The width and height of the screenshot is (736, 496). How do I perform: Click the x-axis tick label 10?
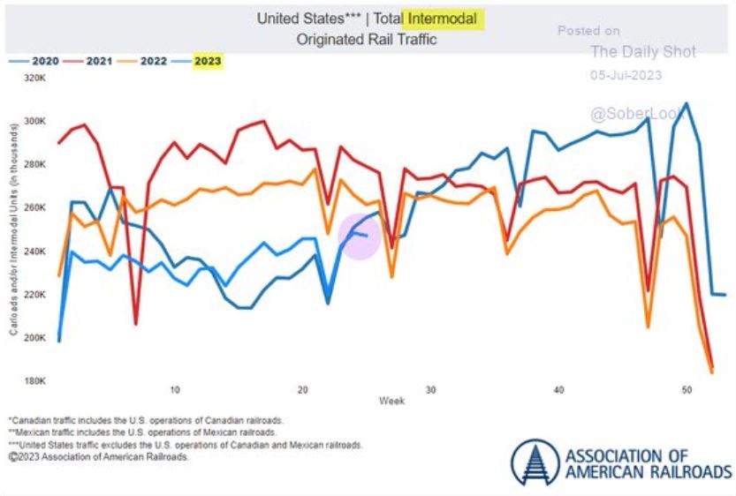click(x=175, y=389)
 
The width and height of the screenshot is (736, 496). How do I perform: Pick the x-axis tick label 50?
click(x=687, y=389)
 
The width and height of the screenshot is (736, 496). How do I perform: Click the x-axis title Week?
click(x=391, y=401)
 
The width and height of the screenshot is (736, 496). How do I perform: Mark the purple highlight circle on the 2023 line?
click(x=360, y=236)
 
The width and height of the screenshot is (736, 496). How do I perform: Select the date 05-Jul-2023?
click(x=626, y=75)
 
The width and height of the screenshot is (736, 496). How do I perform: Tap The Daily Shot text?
click(x=642, y=52)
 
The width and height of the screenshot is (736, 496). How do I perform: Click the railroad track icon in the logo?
click(x=534, y=461)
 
